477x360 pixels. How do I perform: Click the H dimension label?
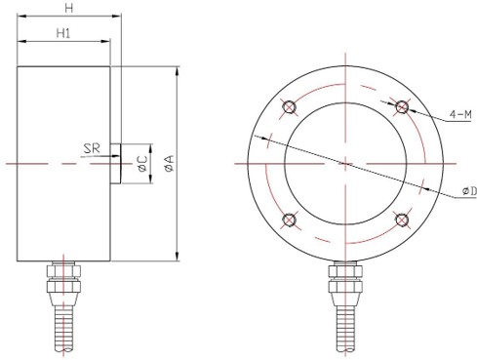point(68,9)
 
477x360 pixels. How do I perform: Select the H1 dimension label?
point(63,33)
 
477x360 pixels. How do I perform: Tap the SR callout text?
point(92,148)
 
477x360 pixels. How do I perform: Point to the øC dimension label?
point(142,164)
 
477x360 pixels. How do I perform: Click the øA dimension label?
point(170,163)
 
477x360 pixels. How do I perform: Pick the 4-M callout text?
point(460,114)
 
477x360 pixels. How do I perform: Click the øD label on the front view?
point(469,191)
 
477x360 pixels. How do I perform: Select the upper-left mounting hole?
point(289,106)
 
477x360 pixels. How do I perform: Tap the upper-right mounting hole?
point(402,106)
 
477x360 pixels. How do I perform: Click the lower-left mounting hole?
point(289,220)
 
